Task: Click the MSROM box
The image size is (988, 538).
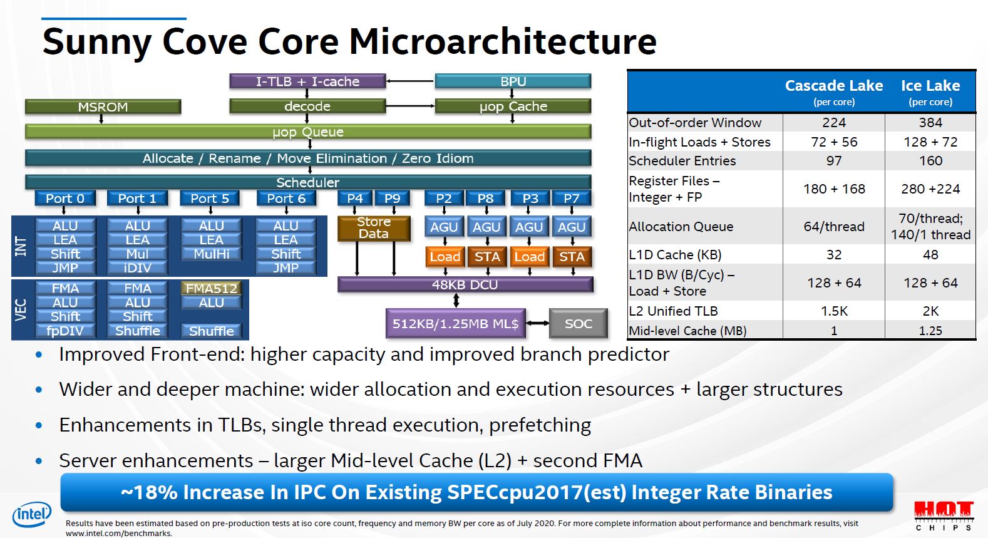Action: click(103, 107)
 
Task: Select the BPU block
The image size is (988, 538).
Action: click(513, 81)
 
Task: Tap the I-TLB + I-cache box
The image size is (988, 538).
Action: click(307, 81)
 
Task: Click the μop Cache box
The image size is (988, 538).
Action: click(513, 106)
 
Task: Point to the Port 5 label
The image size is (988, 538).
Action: click(210, 199)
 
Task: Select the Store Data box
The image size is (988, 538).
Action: click(374, 228)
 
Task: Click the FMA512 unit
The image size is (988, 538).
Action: click(212, 289)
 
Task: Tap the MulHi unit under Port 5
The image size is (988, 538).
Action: click(212, 254)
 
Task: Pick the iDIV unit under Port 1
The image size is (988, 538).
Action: click(137, 268)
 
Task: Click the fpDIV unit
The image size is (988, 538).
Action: click(65, 331)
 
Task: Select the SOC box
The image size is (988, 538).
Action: click(578, 324)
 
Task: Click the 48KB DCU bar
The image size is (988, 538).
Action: click(465, 285)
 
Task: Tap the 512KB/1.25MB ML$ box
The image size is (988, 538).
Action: click(455, 324)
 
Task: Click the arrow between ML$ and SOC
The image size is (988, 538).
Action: click(537, 324)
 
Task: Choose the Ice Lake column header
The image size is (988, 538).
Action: click(930, 91)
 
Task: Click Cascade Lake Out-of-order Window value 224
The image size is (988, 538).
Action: click(833, 123)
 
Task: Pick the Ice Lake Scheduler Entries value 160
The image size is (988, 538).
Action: click(930, 161)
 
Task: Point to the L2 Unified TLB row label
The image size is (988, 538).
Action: click(673, 311)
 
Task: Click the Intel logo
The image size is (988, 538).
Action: click(31, 515)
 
